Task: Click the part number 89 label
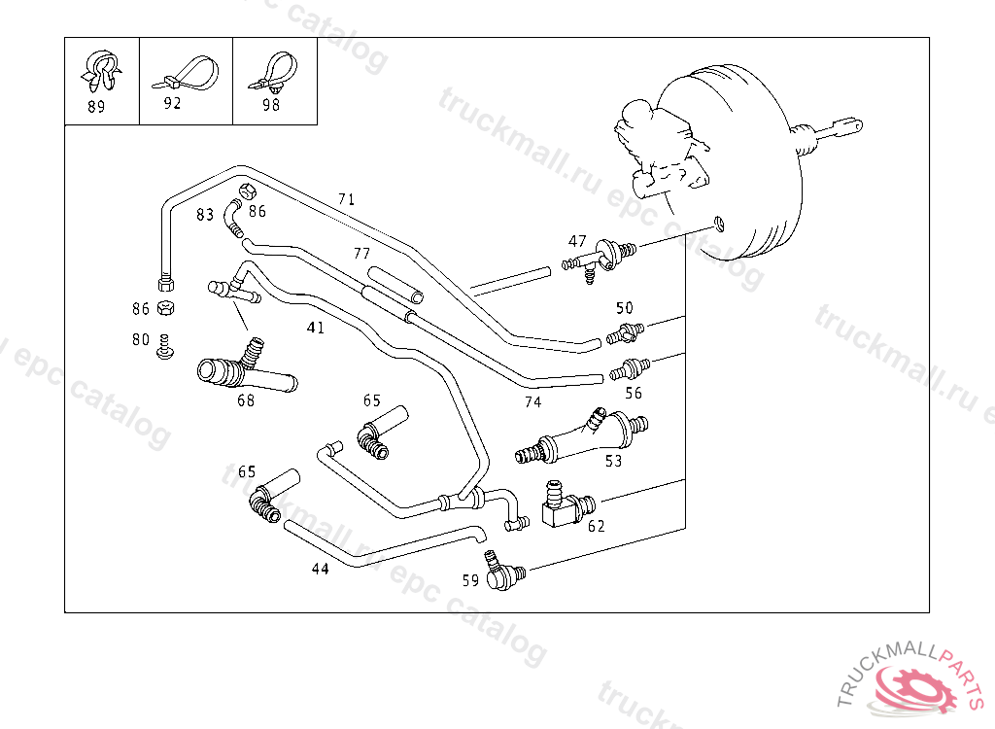coord(96,107)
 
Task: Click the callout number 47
coord(578,241)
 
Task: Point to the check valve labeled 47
coord(597,258)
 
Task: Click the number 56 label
coord(634,393)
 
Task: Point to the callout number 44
coord(321,569)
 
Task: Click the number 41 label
coord(316,328)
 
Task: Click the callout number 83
coord(204,215)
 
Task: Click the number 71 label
coord(347,199)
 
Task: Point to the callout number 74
coord(532,402)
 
